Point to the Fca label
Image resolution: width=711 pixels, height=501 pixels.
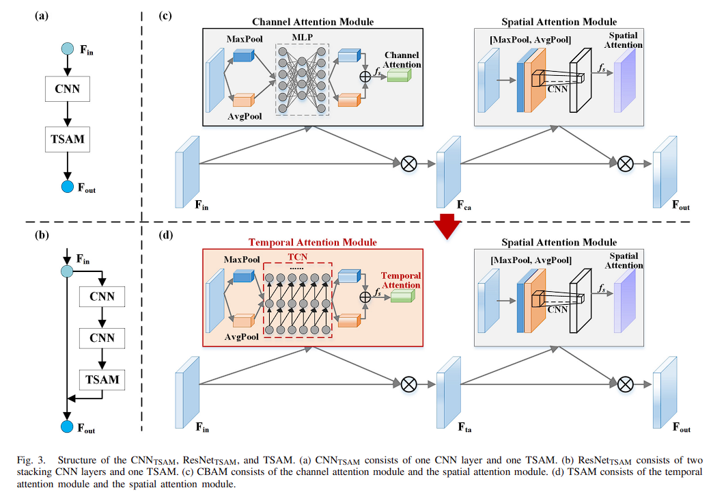point(464,204)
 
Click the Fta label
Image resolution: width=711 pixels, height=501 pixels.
point(464,428)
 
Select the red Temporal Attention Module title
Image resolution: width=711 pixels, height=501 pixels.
point(312,242)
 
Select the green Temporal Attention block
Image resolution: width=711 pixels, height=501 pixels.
point(402,296)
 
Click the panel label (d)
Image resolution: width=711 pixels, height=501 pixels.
point(165,236)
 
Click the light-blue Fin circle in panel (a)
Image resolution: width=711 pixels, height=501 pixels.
point(67,49)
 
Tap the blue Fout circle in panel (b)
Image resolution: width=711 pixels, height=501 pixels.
point(67,426)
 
